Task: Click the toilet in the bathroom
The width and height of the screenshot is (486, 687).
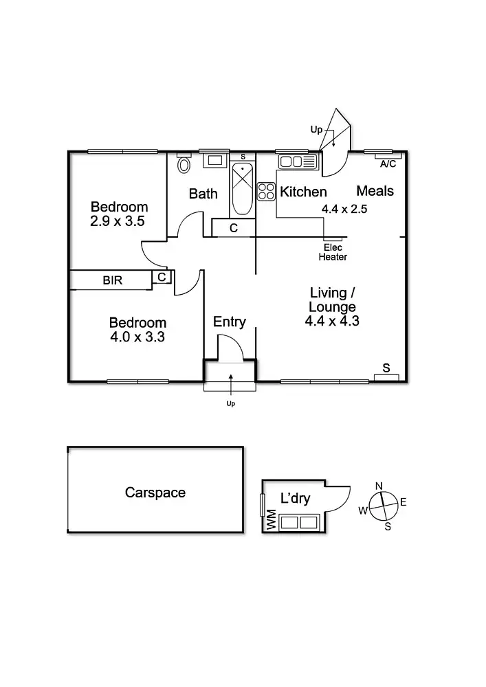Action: pos(184,165)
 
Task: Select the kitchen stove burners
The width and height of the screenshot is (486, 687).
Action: pos(266,191)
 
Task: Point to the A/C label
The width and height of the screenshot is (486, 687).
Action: pos(388,164)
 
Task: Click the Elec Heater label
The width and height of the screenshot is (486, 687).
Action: pos(332,252)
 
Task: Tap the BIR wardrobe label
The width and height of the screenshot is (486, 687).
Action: pos(113,280)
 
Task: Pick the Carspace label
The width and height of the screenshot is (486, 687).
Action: pos(155,493)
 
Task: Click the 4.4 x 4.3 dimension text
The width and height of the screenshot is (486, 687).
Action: pos(332,320)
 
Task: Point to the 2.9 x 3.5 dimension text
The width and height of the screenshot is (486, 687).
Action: pos(119,221)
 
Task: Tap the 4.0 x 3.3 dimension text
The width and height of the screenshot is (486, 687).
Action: pos(137,337)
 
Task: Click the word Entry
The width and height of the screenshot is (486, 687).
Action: pos(229,322)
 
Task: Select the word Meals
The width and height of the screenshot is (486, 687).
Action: pos(375,191)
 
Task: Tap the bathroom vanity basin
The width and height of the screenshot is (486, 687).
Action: pos(214,161)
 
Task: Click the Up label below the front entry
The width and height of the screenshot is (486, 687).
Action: pos(230,404)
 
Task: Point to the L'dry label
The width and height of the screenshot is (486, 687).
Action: pos(296,499)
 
